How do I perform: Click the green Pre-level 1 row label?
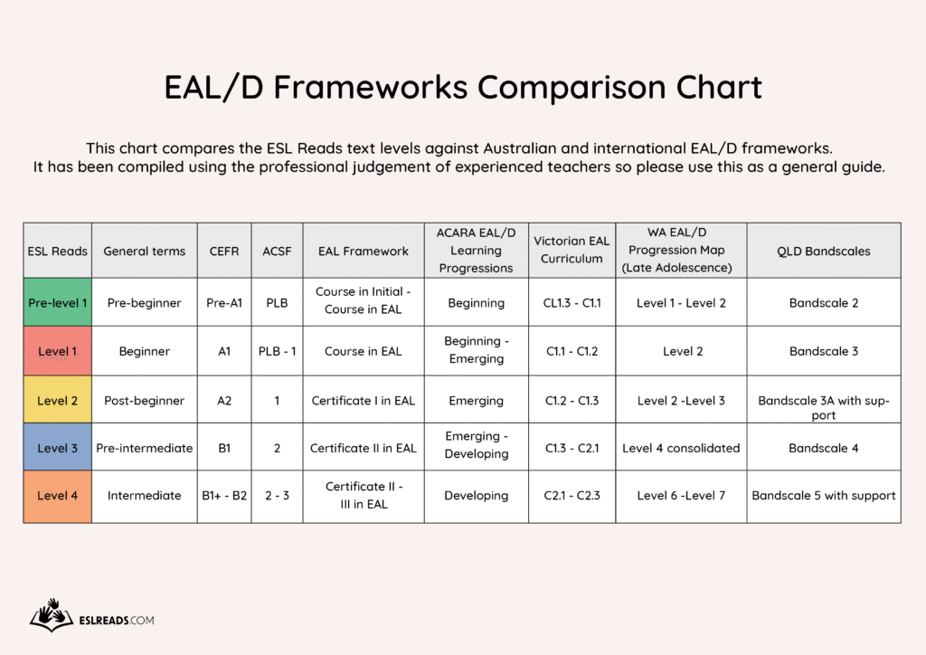click(57, 302)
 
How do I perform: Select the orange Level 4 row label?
click(57, 496)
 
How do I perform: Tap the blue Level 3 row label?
click(57, 448)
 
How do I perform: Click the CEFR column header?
click(224, 251)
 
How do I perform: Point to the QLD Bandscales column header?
click(823, 251)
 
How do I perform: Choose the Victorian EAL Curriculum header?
click(572, 250)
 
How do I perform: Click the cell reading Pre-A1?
click(224, 303)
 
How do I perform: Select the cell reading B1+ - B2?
click(224, 496)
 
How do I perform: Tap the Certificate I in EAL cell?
click(364, 401)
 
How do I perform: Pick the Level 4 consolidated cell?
click(681, 449)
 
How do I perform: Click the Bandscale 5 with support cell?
click(823, 496)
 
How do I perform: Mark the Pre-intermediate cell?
click(144, 449)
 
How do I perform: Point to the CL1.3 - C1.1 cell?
click(572, 303)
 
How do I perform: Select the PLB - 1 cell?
click(277, 351)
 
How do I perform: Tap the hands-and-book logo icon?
click(52, 615)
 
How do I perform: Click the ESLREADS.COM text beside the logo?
click(117, 620)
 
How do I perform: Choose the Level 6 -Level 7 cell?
click(681, 496)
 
